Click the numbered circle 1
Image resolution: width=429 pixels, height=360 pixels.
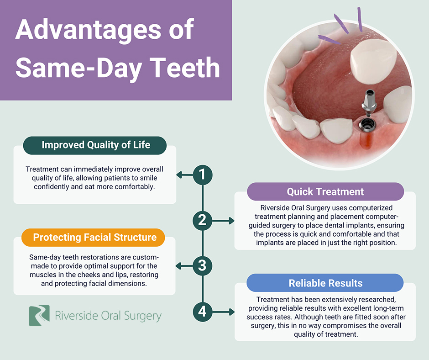tap(203, 175)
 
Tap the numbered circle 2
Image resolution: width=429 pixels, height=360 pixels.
tap(203, 221)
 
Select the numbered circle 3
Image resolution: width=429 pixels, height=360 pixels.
tap(203, 266)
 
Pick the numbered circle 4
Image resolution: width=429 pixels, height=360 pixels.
tap(203, 312)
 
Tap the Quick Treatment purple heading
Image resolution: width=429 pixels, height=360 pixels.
tap(325, 191)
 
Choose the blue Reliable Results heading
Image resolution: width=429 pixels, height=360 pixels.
tap(325, 283)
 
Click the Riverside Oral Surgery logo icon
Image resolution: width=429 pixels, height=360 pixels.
tap(39, 316)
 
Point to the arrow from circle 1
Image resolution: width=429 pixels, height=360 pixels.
tap(185, 175)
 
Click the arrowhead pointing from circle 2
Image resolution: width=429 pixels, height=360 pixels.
tap(232, 221)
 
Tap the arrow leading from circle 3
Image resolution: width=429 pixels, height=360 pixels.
tap(184, 266)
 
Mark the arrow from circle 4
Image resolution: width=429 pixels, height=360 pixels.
tap(223, 312)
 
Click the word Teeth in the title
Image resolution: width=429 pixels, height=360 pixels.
tap(185, 68)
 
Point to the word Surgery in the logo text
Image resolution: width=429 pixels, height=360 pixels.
tap(142, 316)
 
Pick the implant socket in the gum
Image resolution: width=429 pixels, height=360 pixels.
tap(367, 126)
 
